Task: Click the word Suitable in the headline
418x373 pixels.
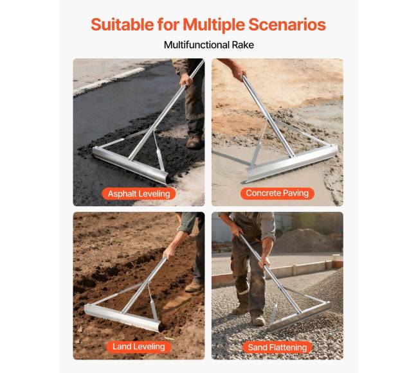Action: click(x=122, y=24)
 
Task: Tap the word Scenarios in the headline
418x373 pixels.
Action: click(x=287, y=24)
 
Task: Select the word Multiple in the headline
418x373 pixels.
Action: click(x=214, y=25)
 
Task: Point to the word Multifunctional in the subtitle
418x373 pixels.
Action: click(x=197, y=45)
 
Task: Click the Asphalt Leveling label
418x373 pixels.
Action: click(x=139, y=193)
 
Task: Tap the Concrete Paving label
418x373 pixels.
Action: click(x=277, y=193)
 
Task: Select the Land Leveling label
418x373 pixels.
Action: click(x=139, y=347)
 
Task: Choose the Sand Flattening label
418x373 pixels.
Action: click(x=277, y=347)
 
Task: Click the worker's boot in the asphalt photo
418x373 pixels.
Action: click(x=194, y=141)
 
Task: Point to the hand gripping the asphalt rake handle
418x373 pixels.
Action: click(x=186, y=79)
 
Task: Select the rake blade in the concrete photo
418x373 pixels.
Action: click(x=290, y=165)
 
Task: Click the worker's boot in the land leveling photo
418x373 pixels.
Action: click(x=194, y=286)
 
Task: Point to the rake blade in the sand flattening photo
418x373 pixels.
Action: click(x=298, y=317)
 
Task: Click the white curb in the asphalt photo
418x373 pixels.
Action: click(x=109, y=81)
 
